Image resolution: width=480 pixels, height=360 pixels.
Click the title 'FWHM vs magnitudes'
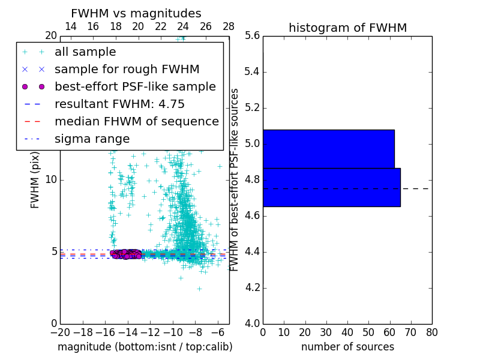pos(136,13)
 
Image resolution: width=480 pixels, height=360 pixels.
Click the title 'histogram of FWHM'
pos(347,28)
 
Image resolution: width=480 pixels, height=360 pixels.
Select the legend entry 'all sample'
pos(85,52)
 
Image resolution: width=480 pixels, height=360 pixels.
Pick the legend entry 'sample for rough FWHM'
pos(127,70)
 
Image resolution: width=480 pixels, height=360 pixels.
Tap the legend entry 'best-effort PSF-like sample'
pos(135,87)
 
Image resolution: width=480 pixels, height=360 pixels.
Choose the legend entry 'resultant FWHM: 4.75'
pos(119,104)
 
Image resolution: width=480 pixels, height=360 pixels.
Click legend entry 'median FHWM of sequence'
pos(136,122)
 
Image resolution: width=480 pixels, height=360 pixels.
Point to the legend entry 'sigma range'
pos(92,139)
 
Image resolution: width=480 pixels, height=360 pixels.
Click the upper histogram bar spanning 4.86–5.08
pos(328,149)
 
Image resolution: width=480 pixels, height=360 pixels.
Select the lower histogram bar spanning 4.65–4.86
pos(331,187)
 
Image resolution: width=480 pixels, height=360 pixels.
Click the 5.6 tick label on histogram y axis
pos(252,36)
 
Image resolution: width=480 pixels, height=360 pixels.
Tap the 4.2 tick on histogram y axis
pos(252,287)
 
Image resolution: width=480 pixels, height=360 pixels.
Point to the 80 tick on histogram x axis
pos(431,332)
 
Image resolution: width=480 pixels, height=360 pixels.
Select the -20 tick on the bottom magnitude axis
pos(60,332)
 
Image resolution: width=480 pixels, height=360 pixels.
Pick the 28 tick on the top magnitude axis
pos(229,26)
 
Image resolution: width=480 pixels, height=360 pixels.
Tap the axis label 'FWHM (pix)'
pos(35,180)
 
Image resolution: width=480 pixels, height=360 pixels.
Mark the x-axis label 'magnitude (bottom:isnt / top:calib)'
pos(145,347)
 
